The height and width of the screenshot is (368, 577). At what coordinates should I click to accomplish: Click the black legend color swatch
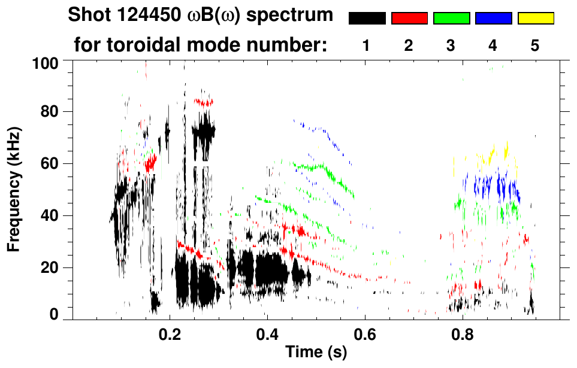[367, 19]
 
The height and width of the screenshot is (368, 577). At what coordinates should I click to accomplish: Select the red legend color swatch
[409, 19]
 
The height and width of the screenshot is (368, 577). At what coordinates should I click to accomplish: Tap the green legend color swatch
[451, 19]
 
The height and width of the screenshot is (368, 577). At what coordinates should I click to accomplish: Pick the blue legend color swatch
[493, 19]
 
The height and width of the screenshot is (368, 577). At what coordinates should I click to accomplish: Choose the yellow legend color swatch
[535, 19]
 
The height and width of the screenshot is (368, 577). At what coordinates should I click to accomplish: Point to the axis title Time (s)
[316, 353]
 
